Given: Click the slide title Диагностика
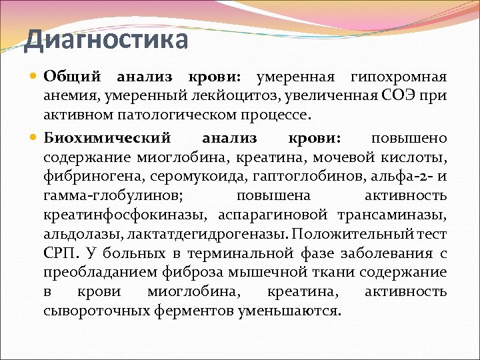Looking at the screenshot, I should (106, 39).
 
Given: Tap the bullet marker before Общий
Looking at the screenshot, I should (34, 77).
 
